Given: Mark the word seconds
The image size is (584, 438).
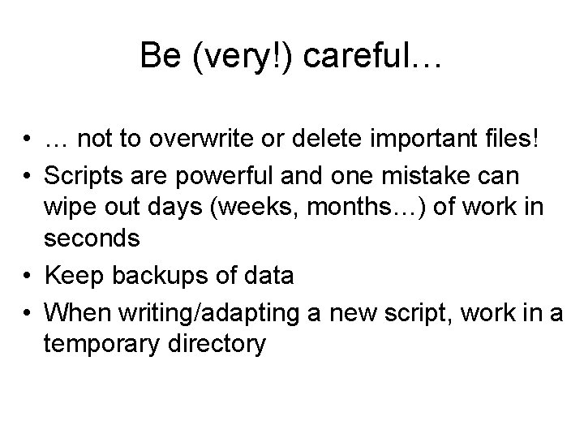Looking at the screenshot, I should point(93,239).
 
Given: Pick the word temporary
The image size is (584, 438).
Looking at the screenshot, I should point(107,345).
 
